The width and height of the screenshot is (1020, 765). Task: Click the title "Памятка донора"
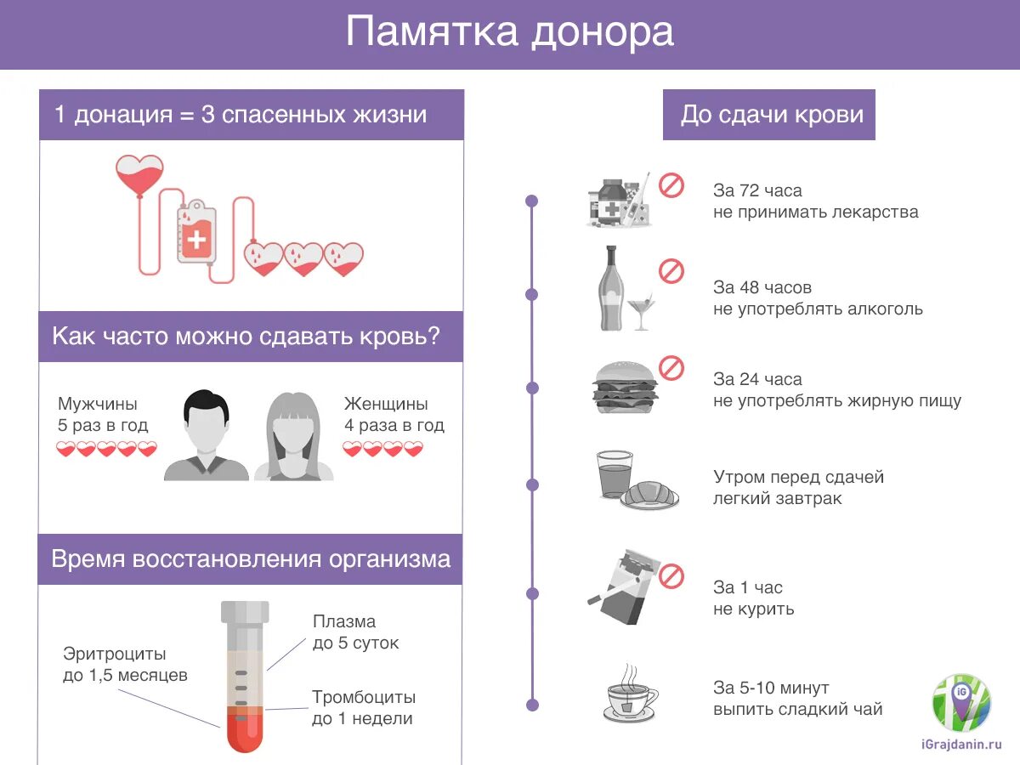click(509, 33)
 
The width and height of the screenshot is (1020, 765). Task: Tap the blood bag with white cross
click(196, 234)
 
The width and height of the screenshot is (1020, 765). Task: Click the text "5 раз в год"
click(103, 425)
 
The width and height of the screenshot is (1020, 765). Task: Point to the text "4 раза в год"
click(394, 425)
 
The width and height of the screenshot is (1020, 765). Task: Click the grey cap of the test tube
click(245, 611)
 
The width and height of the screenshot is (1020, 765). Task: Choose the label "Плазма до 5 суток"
click(355, 632)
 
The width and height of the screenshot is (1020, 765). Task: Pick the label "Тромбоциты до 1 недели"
click(364, 707)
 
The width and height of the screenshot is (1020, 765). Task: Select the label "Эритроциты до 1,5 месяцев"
click(125, 665)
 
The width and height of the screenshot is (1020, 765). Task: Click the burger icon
click(625, 387)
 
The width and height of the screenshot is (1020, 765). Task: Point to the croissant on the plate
click(650, 493)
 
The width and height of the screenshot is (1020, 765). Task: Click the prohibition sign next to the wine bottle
click(671, 272)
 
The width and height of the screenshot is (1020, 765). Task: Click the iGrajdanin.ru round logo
click(962, 703)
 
